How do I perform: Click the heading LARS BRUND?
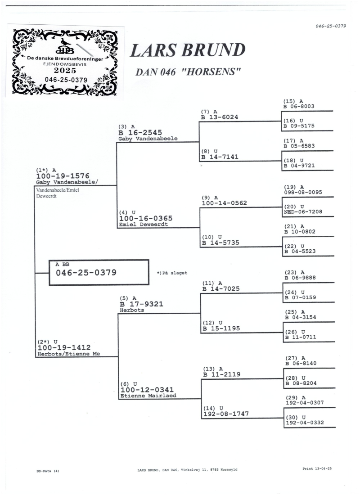(188, 50)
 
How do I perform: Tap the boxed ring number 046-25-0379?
(86, 272)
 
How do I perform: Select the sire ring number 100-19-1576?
(63, 176)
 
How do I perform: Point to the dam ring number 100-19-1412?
(64, 347)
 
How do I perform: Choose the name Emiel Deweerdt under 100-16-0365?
(143, 224)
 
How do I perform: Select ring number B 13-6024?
(220, 117)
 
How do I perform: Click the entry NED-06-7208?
(303, 211)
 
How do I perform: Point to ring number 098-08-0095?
(303, 192)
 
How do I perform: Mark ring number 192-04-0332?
(304, 423)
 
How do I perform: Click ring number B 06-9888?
(300, 278)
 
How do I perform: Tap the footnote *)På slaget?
(172, 273)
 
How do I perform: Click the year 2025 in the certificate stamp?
(65, 71)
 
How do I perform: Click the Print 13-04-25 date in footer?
(317, 468)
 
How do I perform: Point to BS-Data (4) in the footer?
(48, 471)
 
